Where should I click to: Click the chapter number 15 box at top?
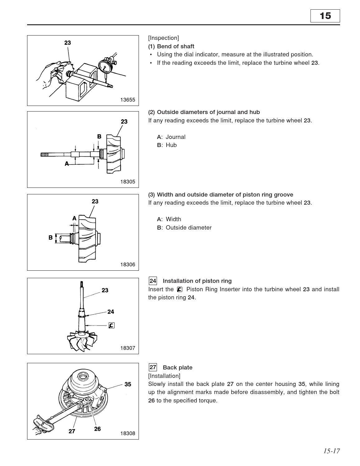(325, 16)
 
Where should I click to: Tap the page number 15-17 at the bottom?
(331, 451)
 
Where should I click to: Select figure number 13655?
(128, 100)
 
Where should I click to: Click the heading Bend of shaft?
(175, 46)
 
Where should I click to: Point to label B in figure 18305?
(99, 136)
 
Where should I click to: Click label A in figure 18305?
(67, 164)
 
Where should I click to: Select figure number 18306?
(128, 264)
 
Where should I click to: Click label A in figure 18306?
(74, 218)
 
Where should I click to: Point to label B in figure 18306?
(50, 238)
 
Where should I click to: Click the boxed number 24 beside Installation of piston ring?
(153, 281)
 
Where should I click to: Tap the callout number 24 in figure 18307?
(111, 311)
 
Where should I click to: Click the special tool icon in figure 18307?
(111, 326)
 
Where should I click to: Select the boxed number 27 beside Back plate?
(153, 367)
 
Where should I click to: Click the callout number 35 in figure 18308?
(128, 384)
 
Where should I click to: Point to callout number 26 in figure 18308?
(97, 429)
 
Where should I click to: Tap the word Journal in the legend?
(175, 137)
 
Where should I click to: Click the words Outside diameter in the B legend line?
(188, 228)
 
